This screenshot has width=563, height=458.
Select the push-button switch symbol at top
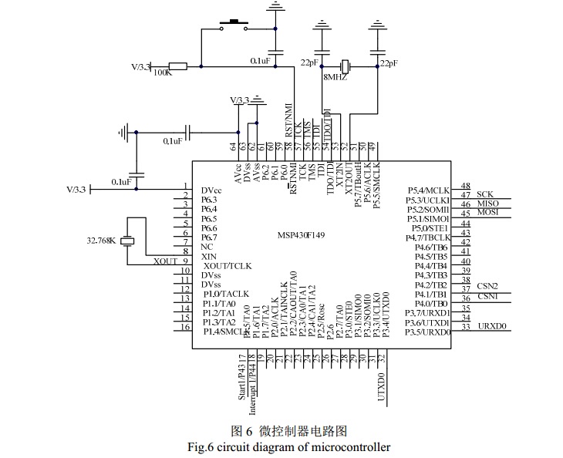(230, 25)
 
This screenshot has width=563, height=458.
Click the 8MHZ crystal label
(335, 78)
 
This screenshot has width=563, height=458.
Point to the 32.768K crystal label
(101, 241)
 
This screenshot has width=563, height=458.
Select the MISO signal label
(487, 203)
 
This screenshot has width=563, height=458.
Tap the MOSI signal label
(488, 212)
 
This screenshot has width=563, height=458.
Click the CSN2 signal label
(487, 286)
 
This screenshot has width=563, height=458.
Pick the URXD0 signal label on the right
(491, 326)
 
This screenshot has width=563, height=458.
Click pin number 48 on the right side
(466, 186)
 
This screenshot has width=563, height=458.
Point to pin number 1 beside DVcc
(185, 186)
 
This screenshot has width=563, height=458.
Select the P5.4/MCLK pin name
(427, 190)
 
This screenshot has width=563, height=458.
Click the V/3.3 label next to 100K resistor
(142, 67)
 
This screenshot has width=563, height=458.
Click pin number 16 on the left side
(185, 327)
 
